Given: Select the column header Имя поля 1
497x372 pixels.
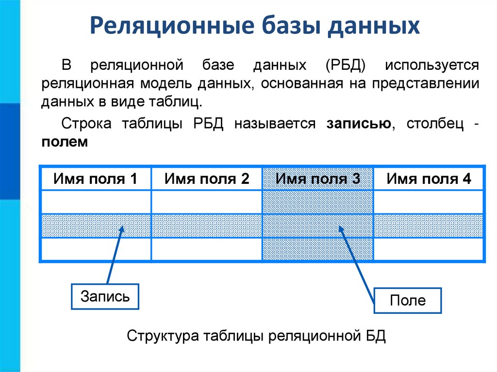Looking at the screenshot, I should [95, 179].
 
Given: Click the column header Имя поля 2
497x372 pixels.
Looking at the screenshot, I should [207, 179].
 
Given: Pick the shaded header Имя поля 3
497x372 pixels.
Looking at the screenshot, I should [318, 179].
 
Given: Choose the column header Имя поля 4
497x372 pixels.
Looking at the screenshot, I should [429, 179].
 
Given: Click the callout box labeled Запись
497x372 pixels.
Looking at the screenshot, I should [105, 296].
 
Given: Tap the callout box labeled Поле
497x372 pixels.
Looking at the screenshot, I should [407, 301].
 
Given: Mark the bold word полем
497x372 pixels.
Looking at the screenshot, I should [65, 142].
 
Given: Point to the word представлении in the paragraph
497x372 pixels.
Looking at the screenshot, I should [426, 83].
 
